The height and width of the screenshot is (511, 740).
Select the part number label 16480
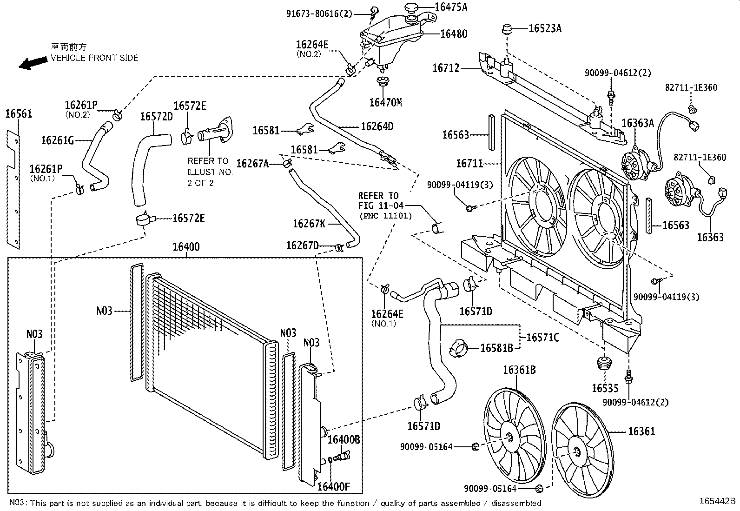(453, 33)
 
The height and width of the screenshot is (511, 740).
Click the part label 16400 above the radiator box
(186, 246)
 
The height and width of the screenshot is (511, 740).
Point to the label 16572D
(156, 116)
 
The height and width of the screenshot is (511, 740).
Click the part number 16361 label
(641, 431)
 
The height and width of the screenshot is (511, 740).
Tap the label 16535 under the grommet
(605, 387)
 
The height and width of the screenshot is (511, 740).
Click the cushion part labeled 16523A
(507, 30)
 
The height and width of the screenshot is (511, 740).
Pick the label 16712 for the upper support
(446, 68)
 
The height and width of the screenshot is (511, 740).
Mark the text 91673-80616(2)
(326, 13)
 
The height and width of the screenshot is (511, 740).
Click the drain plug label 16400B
(344, 439)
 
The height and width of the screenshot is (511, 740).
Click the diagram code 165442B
(718, 501)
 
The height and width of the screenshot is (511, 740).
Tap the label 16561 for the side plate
(19, 113)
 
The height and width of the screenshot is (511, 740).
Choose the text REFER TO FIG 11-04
(381, 200)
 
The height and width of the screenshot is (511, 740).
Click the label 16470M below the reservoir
(385, 102)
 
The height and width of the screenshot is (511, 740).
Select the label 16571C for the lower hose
(542, 337)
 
